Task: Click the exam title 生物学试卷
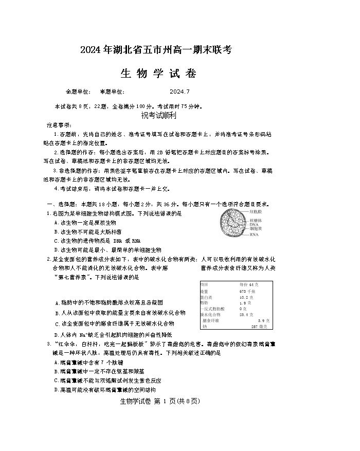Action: (158, 74)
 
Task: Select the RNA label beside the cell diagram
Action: (254, 234)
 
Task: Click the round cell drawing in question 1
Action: (231, 224)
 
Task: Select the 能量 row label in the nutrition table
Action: (204, 291)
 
